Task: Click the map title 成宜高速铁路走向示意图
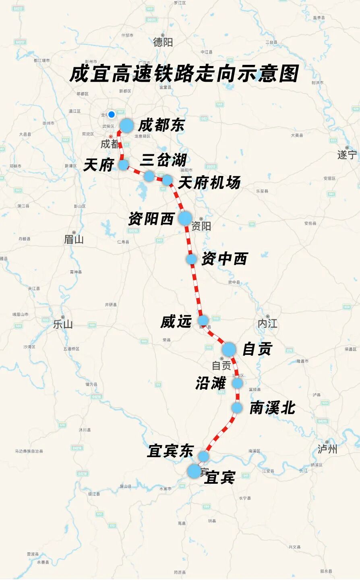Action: [184, 74]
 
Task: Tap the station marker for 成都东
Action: [126, 126]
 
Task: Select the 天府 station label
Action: [98, 165]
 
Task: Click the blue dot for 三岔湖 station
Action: [149, 176]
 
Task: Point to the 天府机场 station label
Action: [209, 183]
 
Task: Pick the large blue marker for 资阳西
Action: [185, 218]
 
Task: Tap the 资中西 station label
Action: [224, 259]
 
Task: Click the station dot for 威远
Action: [203, 321]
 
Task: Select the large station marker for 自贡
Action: [229, 349]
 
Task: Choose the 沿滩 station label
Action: [211, 383]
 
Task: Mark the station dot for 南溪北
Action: [237, 408]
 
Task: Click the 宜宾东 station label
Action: [170, 451]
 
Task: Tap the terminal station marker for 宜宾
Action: [194, 471]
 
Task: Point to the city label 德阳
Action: [163, 42]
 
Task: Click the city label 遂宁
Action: [347, 155]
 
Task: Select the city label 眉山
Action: [74, 239]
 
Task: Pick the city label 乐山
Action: [63, 324]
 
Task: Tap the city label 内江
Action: [268, 323]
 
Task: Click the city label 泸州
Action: [327, 449]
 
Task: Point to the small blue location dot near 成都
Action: [112, 114]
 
